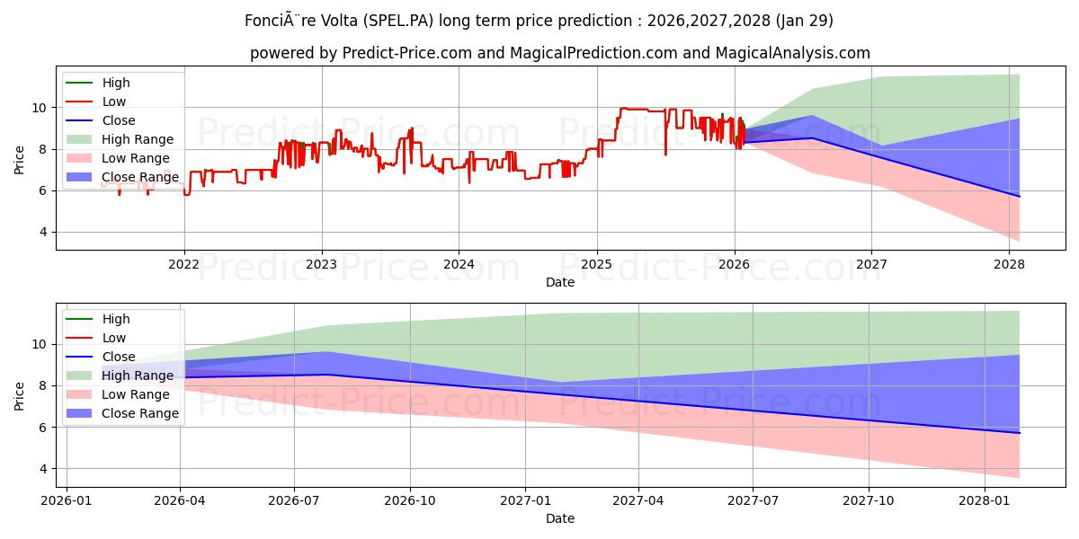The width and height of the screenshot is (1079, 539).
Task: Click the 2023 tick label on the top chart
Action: tap(321, 264)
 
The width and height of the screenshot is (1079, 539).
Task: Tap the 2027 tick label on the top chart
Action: tap(871, 264)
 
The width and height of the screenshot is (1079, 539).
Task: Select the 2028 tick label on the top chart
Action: tap(1009, 264)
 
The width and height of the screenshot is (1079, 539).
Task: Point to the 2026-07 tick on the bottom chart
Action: tap(294, 500)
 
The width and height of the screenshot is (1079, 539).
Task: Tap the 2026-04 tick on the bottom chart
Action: tap(180, 500)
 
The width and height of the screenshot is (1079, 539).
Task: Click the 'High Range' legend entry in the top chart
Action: tap(138, 139)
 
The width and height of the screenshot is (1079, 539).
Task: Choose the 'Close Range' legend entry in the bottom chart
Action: tap(139, 413)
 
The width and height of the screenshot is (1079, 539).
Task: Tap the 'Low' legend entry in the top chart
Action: tap(114, 102)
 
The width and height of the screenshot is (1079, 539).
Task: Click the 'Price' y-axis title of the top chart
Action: tap(20, 159)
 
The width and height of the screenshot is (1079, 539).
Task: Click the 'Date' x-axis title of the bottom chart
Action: tap(559, 518)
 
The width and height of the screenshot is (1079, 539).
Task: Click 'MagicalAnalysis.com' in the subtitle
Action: tap(792, 53)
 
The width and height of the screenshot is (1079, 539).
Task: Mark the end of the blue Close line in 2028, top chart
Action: tap(1019, 196)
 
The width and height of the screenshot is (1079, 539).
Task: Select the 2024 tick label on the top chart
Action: tap(459, 264)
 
